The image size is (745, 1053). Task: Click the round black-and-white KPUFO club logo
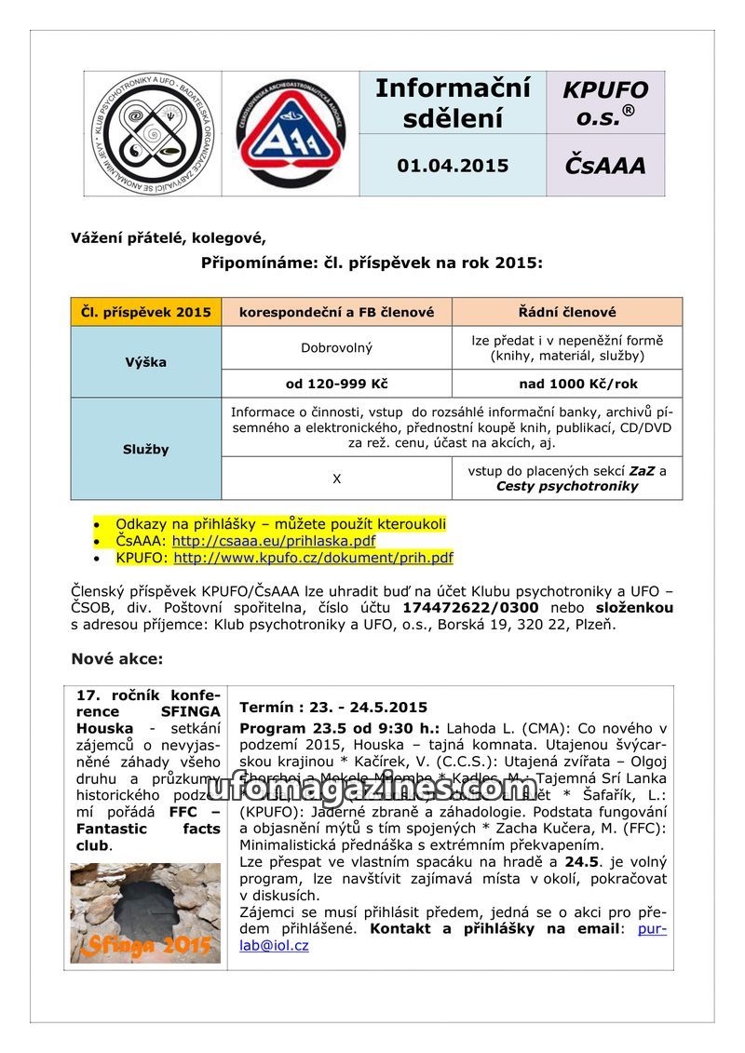click(153, 133)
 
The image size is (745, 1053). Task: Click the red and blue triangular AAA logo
click(291, 133)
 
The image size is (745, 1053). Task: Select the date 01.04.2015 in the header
click(453, 166)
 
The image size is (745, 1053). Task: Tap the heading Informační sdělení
click(453, 103)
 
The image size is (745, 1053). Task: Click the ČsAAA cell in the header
click(604, 166)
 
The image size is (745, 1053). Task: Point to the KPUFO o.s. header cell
click(605, 102)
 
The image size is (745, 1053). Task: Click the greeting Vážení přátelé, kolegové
click(168, 237)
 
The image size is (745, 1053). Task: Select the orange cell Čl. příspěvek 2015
click(146, 312)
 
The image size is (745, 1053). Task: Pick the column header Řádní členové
click(567, 312)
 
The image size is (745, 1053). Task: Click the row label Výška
click(146, 361)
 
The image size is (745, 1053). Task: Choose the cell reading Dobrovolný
click(336, 348)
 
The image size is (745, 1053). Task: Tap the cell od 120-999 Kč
click(336, 384)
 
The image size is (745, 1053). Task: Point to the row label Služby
click(146, 449)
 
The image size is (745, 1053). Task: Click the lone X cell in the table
click(336, 478)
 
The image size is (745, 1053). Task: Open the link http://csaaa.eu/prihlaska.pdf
click(274, 541)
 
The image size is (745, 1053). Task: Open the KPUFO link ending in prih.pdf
click(313, 559)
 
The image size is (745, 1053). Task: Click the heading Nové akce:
click(117, 659)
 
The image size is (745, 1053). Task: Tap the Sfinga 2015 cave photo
click(146, 912)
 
